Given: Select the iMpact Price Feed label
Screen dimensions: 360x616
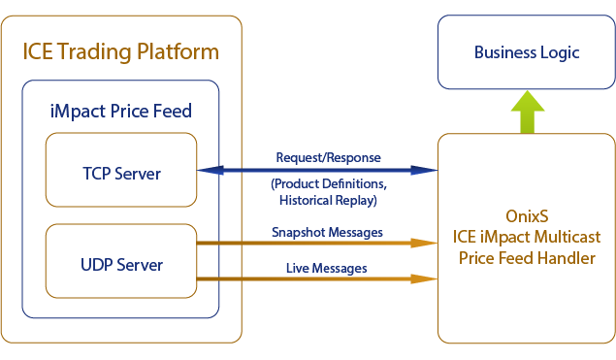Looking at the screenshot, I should (x=120, y=111).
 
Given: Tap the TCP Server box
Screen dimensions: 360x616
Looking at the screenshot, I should (x=121, y=174).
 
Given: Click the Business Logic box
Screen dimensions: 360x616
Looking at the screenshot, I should (x=527, y=52).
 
